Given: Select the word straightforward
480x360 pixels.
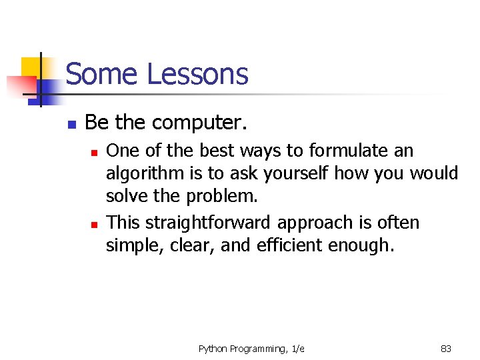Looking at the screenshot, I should click(214, 222).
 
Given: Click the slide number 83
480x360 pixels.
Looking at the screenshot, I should click(446, 349).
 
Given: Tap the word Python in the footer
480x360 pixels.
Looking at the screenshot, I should click(213, 349).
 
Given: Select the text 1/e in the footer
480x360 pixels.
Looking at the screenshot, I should click(298, 349).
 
